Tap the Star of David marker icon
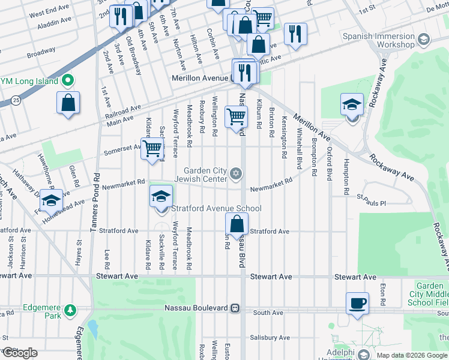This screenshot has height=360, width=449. tap(236, 174)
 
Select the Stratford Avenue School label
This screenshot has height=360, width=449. tap(217, 209)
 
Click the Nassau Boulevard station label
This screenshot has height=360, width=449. tap(197, 308)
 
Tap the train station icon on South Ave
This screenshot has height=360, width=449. tap(235, 308)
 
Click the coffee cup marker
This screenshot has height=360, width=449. tap(358, 304)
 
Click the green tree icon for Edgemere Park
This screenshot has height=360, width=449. tap(71, 310)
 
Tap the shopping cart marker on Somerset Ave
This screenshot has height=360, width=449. tap(153, 148)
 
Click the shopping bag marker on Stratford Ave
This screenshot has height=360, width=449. tap(238, 226)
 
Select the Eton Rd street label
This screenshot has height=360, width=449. tap(382, 293)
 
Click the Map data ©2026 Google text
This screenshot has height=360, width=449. tap(412, 355)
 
